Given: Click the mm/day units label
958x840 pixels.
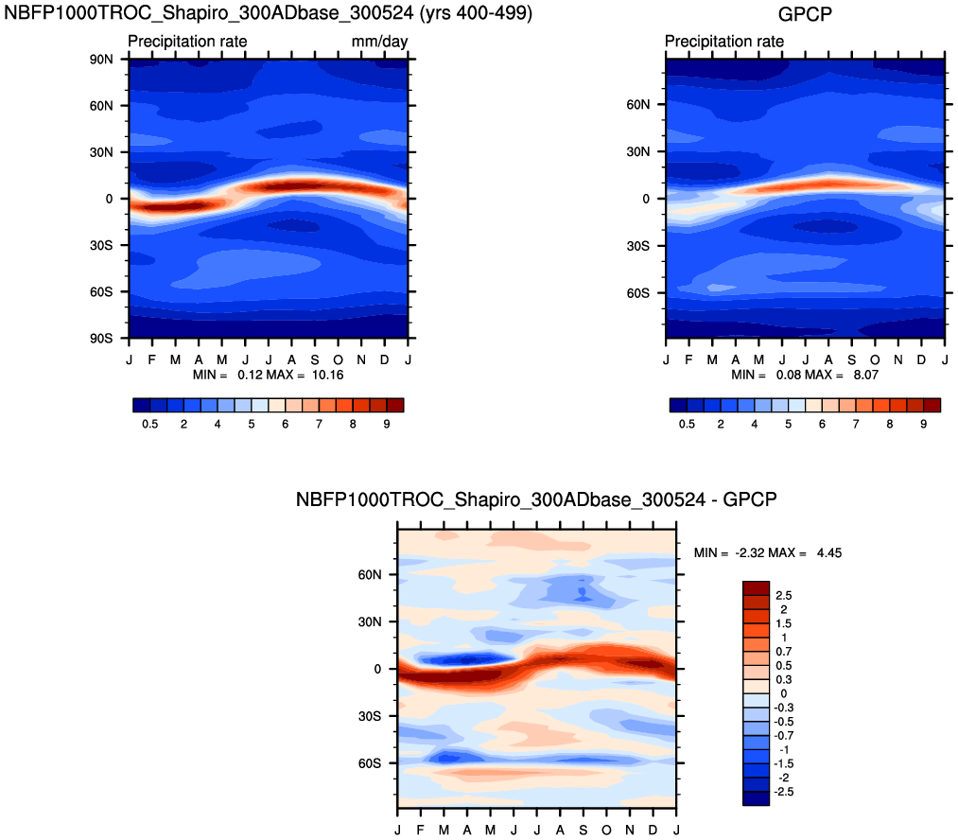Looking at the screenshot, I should click(x=379, y=42).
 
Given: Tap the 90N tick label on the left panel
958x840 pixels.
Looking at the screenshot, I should click(x=102, y=59).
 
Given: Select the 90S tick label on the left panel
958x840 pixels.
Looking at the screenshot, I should click(x=102, y=338).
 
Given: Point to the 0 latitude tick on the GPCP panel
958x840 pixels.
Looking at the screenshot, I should click(x=646, y=199).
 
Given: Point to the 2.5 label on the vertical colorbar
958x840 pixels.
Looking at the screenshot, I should click(x=783, y=595).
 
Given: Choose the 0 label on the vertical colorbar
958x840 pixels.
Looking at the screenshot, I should click(x=778, y=693).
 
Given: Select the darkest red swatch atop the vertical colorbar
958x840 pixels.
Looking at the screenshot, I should click(x=757, y=587).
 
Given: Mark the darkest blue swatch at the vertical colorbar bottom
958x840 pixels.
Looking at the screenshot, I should click(x=757, y=798).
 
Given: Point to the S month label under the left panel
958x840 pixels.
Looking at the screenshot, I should click(x=315, y=359).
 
